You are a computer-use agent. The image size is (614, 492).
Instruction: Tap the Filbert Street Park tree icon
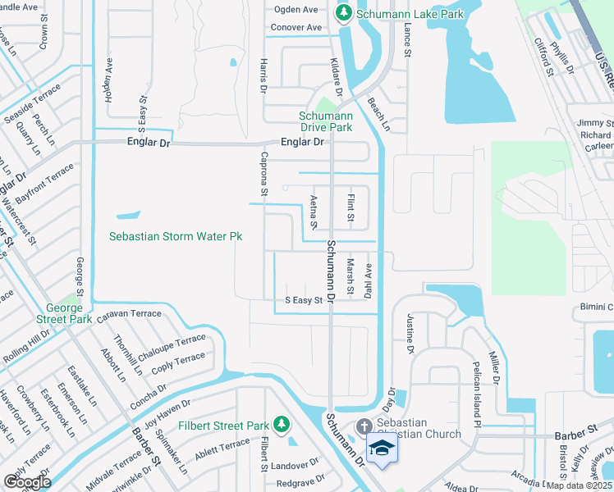[282, 424]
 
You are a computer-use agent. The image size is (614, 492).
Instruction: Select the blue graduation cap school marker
[382, 448]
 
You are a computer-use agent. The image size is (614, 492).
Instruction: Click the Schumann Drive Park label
[326, 121]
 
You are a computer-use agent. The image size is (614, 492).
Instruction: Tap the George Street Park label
[63, 312]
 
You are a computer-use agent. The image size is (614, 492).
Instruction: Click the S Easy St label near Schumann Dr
[303, 301]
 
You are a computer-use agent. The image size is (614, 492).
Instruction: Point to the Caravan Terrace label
[129, 314]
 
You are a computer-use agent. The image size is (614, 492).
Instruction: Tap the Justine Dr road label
[409, 337]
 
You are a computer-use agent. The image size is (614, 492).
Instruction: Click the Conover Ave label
[296, 27]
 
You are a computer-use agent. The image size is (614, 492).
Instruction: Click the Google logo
[27, 482]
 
